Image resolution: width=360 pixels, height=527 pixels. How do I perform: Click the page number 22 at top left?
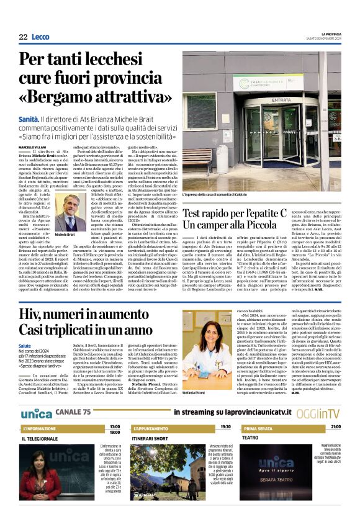tap(23, 37)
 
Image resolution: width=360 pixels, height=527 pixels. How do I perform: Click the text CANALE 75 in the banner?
tap(74, 412)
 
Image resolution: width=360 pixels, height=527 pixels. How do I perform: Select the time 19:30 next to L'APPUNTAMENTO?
tap(225, 426)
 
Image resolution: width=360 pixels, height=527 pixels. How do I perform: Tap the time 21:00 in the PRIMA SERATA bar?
tap(335, 426)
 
